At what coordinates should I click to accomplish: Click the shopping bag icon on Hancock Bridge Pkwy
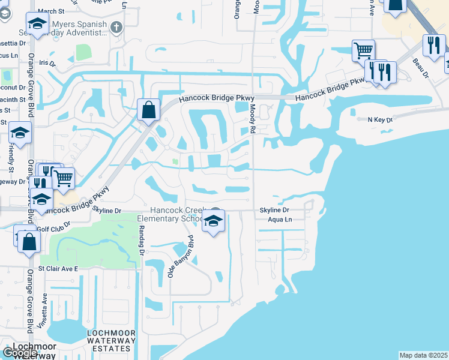[x=148, y=110]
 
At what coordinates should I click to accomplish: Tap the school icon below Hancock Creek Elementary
[x=213, y=221]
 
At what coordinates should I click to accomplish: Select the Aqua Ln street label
[x=280, y=220]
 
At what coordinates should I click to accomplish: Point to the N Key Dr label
[x=379, y=120]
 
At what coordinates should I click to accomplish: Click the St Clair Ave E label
[x=59, y=269]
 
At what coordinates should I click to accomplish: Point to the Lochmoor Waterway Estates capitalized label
[x=109, y=341]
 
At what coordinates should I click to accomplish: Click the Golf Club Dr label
[x=53, y=223]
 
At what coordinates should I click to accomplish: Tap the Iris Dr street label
[x=47, y=63]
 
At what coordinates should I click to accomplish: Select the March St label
[x=50, y=11]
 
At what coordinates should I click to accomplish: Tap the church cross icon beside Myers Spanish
[x=116, y=27]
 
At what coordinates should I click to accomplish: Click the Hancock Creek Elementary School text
[x=178, y=215]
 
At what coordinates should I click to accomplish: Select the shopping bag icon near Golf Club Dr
[x=28, y=242]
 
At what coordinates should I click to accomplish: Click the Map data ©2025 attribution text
[x=423, y=355]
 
